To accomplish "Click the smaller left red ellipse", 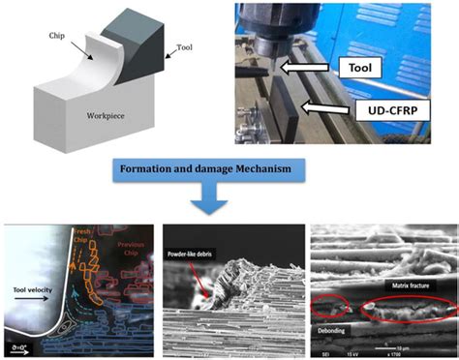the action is coord(329,307).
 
